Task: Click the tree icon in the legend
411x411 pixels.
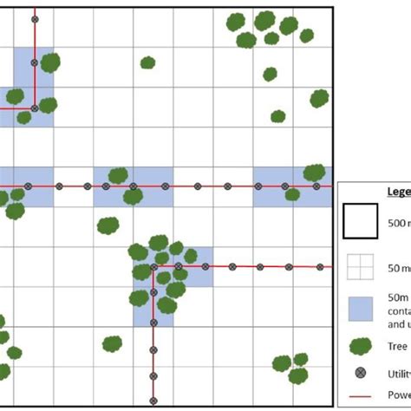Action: (360, 347)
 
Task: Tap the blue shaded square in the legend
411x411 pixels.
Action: (360, 309)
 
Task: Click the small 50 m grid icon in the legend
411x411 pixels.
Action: (360, 268)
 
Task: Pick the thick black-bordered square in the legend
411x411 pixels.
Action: (360, 221)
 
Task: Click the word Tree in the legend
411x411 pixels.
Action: (397, 347)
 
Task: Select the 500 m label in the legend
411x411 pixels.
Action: (399, 221)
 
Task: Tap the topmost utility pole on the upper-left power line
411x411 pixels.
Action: (34, 19)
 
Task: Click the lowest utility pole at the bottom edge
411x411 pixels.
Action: (153, 400)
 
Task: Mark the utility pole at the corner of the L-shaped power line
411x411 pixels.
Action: (153, 266)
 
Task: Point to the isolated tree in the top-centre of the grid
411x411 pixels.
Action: (148, 62)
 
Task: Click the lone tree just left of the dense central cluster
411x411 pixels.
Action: (108, 226)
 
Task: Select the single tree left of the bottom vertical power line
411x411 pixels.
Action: (113, 344)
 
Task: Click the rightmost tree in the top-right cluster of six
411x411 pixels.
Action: (307, 36)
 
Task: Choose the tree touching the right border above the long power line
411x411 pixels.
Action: (314, 173)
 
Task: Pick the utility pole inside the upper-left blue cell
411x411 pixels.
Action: (34, 62)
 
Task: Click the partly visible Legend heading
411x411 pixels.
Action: (399, 192)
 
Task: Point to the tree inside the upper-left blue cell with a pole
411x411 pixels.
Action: (50, 62)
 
